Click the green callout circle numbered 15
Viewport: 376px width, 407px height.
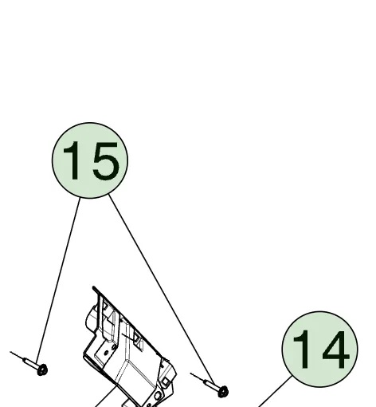[90, 160]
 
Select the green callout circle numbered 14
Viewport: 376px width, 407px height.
[319, 349]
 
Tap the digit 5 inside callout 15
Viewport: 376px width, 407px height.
[106, 160]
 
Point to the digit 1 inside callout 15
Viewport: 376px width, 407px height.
[72, 160]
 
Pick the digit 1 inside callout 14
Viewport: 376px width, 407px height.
[301, 350]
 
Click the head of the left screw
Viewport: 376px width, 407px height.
[42, 369]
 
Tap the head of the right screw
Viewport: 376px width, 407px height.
[222, 392]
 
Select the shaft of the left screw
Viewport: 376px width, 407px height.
[30, 362]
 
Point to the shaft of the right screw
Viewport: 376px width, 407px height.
[210, 384]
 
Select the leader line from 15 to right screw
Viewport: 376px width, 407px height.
[162, 290]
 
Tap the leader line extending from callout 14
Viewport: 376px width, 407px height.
[275, 392]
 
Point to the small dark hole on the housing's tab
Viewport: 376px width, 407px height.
[107, 353]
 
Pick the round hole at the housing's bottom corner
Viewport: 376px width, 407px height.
[157, 395]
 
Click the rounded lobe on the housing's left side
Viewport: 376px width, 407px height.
[90, 321]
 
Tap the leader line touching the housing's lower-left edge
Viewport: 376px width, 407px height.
[106, 397]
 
